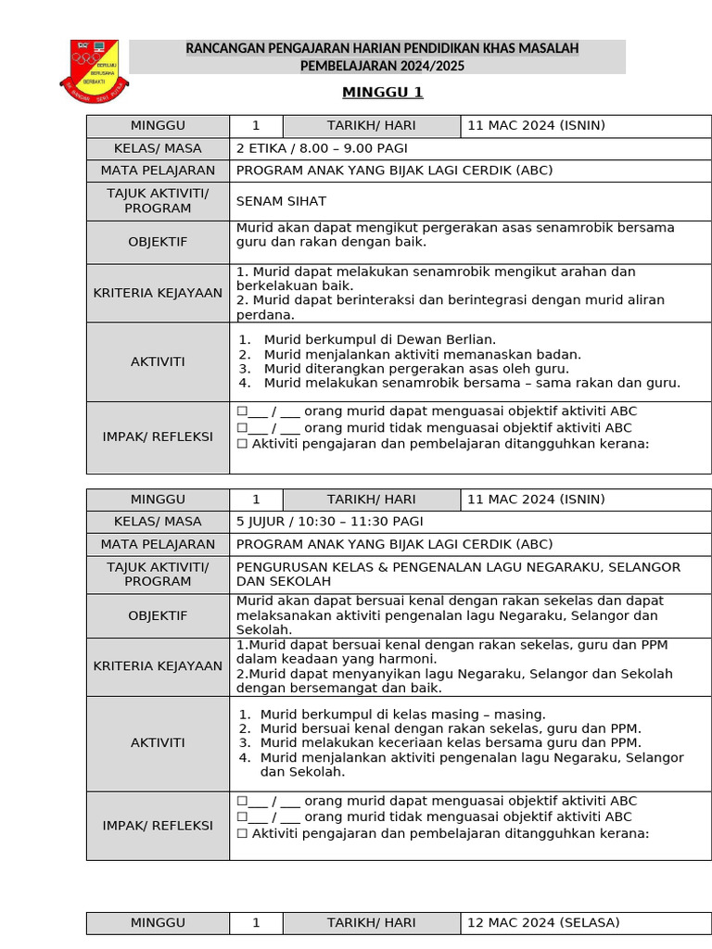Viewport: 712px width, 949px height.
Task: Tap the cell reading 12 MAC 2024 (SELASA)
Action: coord(543,923)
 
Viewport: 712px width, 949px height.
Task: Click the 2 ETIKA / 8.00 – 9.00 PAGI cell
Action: coord(322,148)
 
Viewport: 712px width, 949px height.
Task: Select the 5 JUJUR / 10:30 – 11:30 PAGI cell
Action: coord(329,522)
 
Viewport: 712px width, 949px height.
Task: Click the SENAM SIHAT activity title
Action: coord(281,201)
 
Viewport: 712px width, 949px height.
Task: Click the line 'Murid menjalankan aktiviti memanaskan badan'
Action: coord(422,354)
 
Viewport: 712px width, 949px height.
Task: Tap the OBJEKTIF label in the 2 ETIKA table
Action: coord(158,242)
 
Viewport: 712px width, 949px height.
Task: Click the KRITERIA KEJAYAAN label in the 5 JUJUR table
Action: coord(158,666)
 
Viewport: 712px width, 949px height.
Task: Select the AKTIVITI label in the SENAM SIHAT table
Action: coord(158,361)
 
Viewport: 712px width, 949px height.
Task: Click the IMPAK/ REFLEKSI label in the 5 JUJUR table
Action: coord(158,826)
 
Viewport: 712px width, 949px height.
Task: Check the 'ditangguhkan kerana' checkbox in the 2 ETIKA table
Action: coord(242,444)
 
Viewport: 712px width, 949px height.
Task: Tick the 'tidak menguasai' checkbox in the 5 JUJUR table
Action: coord(242,817)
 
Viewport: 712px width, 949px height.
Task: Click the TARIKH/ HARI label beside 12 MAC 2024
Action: coord(371,923)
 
